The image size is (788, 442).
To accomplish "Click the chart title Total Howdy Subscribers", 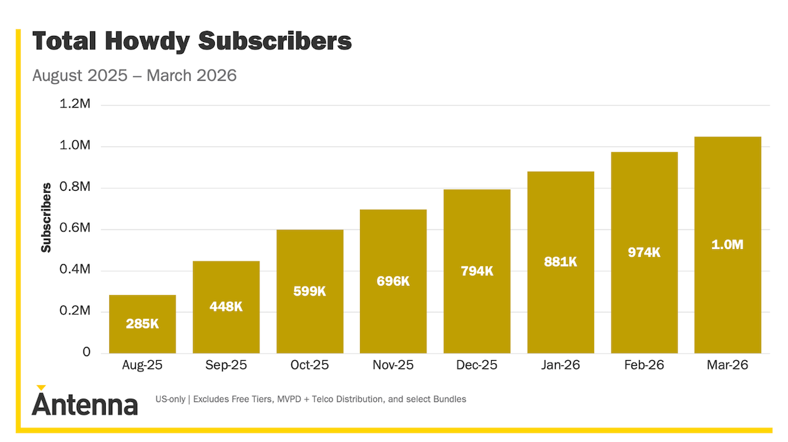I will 192,42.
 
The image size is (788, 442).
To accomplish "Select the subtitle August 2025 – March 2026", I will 134,75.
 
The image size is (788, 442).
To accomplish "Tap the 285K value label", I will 142,323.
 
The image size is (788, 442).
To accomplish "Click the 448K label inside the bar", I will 226,306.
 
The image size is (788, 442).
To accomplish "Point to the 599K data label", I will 309,291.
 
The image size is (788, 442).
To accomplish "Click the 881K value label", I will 560,262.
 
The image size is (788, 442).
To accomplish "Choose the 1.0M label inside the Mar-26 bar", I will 728,245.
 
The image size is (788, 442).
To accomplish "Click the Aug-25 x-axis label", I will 142,365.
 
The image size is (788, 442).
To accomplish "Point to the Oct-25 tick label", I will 309,365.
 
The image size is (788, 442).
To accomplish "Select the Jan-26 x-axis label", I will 560,365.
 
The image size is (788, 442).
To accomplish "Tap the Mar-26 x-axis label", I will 728,365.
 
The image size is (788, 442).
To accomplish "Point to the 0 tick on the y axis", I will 86,353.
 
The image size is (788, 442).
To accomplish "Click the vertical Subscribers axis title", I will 46,218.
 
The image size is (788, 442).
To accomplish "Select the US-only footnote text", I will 311,399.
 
